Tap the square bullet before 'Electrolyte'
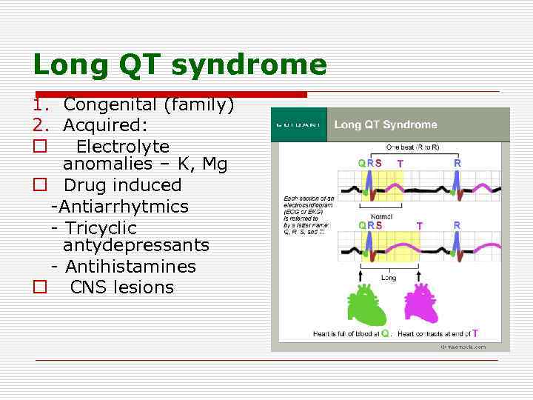pyautogui.click(x=40, y=147)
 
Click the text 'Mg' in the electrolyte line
pyautogui.click(x=215, y=164)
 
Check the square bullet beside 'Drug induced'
pyautogui.click(x=40, y=185)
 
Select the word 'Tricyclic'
pyautogui.click(x=100, y=228)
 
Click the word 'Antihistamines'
pyautogui.click(x=130, y=267)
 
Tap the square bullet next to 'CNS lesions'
pyautogui.click(x=40, y=287)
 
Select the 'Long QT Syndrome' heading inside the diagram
pyautogui.click(x=386, y=124)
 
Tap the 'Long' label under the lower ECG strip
pyautogui.click(x=389, y=278)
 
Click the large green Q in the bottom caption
pyautogui.click(x=386, y=334)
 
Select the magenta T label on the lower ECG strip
pyautogui.click(x=420, y=225)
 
